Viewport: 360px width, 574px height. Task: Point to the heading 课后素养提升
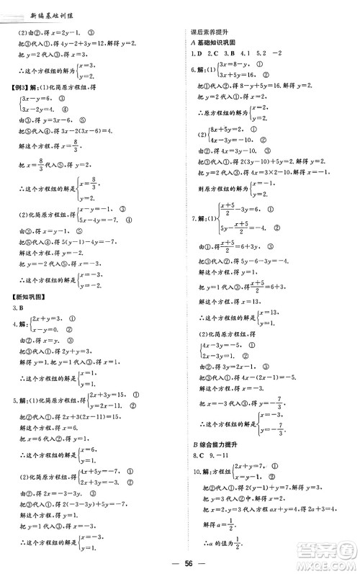pyautogui.click(x=204, y=32)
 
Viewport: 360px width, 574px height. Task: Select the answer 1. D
pyautogui.click(x=193, y=55)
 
